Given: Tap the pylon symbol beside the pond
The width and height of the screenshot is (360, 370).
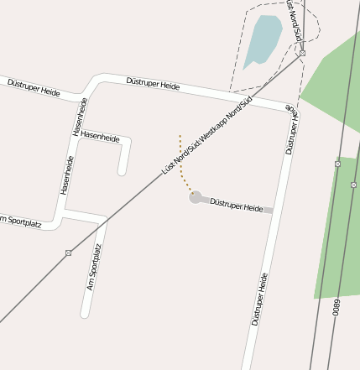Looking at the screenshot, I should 302,53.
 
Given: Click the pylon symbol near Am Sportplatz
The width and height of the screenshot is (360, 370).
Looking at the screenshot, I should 68,253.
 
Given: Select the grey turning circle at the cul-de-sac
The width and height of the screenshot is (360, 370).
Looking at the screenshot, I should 196,198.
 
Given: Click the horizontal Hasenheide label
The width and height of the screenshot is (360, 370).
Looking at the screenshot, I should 101,135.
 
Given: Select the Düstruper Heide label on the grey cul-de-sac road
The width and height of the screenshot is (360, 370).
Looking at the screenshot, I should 236,205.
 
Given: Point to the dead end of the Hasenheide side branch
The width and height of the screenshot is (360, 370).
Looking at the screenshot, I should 122,171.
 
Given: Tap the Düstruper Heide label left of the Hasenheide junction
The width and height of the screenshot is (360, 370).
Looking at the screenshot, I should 34,87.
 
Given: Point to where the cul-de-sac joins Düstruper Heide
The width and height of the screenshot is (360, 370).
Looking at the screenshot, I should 273,211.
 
